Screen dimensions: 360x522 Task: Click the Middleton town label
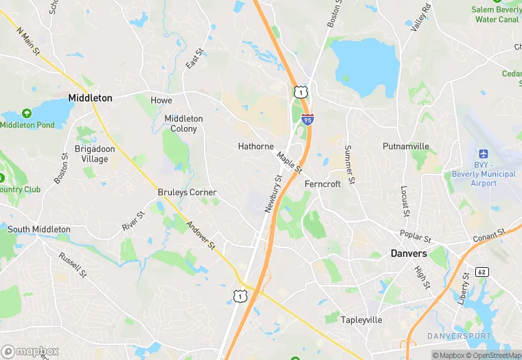tap(90, 98)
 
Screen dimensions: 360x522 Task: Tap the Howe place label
tap(161, 100)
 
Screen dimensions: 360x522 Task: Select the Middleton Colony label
tap(183, 124)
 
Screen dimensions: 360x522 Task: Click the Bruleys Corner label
tap(187, 192)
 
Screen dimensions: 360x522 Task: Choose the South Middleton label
tap(38, 229)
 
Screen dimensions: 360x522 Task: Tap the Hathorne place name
tap(256, 146)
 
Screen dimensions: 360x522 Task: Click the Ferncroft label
tap(322, 184)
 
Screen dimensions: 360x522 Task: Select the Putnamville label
tap(406, 146)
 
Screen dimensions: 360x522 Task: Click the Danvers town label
tap(409, 254)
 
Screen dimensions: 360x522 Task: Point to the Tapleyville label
tap(362, 320)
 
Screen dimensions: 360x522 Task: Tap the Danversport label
tap(459, 336)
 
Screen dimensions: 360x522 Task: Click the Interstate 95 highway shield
tap(308, 120)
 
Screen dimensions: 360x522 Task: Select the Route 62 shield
tap(481, 272)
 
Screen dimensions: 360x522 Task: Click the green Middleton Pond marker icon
tap(27, 113)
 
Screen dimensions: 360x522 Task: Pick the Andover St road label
tap(203, 236)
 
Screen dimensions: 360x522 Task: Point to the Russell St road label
tap(73, 265)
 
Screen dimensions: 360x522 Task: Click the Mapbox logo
tap(30, 351)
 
